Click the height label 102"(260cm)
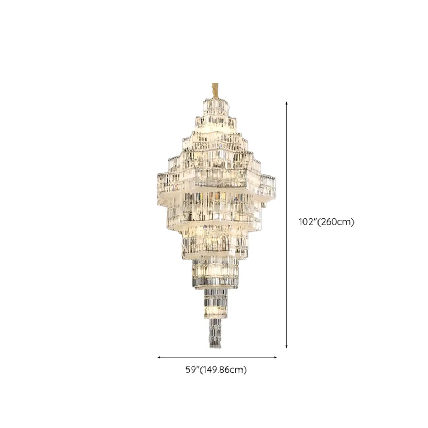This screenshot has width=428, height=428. click(x=326, y=222)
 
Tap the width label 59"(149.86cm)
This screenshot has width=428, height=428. click(x=216, y=370)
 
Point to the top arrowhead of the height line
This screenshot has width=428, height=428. click(x=286, y=103)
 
